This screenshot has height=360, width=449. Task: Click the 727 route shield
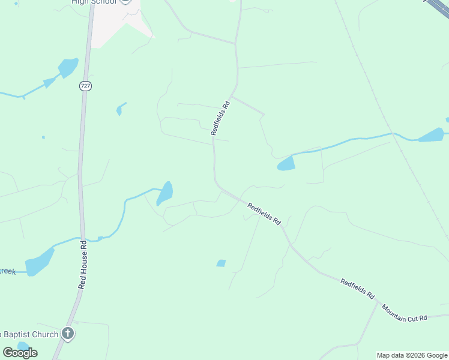85,86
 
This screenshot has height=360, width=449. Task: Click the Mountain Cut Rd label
404,313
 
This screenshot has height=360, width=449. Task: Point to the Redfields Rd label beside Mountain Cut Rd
357,289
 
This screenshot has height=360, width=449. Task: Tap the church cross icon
68,334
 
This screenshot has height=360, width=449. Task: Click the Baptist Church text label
30,334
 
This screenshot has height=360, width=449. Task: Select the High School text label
94,2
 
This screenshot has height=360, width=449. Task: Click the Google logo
20,352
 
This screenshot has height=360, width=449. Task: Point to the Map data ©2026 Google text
412,355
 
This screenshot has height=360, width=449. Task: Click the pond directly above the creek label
40,261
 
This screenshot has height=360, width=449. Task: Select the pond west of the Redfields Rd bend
164,193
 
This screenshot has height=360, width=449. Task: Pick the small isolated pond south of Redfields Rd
221,263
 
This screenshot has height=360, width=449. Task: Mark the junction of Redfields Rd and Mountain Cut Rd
378,303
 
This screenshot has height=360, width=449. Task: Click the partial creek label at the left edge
7,271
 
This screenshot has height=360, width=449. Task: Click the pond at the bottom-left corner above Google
23,346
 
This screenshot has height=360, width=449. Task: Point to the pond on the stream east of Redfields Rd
286,163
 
